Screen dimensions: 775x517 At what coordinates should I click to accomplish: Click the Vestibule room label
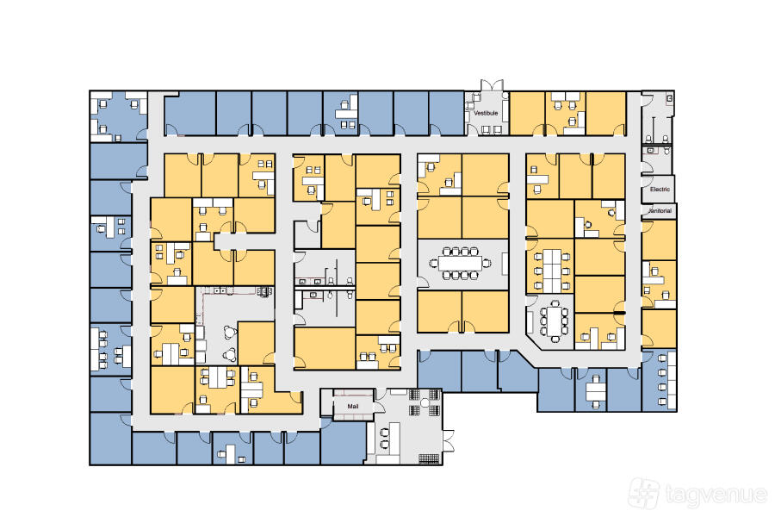tap(486, 113)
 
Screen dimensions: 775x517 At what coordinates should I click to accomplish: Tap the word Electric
tap(660, 189)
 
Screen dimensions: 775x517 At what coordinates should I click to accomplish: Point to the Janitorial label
tap(660, 211)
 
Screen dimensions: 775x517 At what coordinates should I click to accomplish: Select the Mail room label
tap(353, 406)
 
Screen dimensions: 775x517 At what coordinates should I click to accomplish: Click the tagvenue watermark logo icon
tap(643, 494)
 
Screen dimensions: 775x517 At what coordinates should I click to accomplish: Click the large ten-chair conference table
tap(460, 263)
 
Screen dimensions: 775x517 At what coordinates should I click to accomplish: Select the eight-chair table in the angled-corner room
tap(554, 321)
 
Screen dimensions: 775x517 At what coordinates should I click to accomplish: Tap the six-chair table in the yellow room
tap(552, 271)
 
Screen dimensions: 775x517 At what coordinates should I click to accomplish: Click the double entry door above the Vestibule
tap(493, 85)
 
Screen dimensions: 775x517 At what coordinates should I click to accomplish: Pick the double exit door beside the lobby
tap(448, 440)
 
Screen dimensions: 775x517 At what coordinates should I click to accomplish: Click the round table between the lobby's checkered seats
tap(425, 402)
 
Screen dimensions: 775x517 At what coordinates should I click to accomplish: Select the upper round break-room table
tap(230, 332)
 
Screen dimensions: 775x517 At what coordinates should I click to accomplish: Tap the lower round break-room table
tap(230, 354)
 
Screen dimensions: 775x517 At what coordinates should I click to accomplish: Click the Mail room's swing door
tap(378, 407)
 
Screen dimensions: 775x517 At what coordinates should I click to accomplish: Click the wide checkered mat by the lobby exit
tap(429, 458)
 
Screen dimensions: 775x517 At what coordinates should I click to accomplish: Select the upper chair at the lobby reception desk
tap(384, 433)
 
